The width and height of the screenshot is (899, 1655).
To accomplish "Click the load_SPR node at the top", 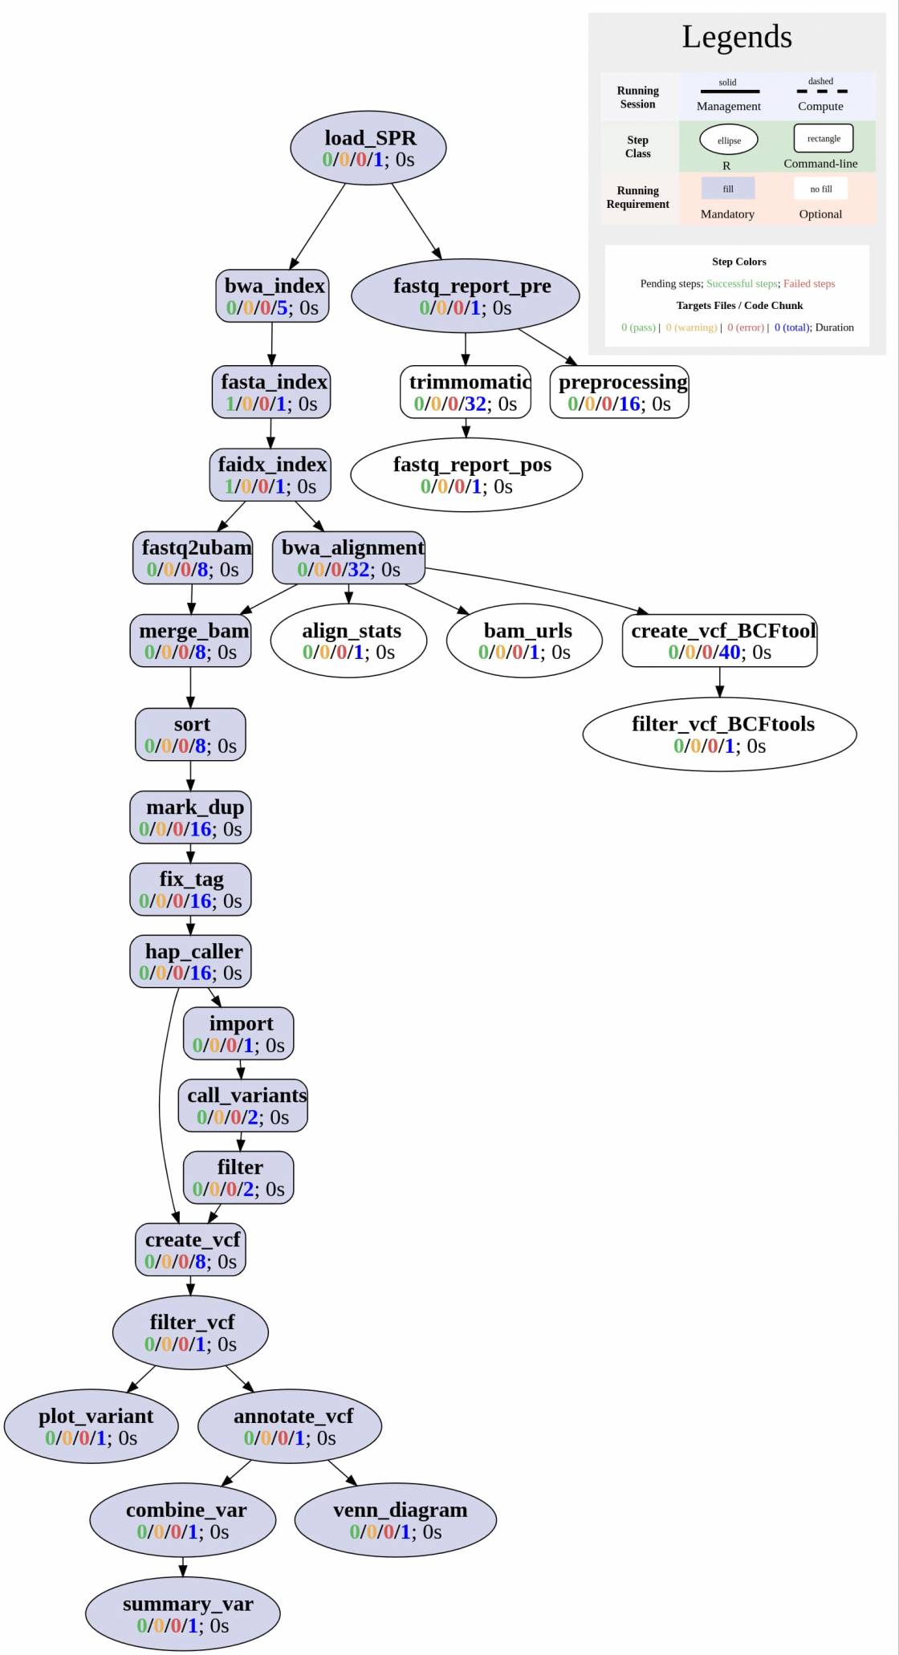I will (x=368, y=148).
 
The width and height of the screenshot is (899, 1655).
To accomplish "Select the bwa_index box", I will (x=272, y=296).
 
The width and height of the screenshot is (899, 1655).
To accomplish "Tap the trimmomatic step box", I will (x=466, y=392).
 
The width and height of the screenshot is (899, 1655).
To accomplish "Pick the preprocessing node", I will (x=619, y=392).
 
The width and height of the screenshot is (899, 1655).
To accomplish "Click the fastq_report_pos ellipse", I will (x=466, y=475).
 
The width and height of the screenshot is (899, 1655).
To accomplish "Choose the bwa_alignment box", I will (x=348, y=558).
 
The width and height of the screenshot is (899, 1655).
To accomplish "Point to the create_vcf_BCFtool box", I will (x=719, y=641).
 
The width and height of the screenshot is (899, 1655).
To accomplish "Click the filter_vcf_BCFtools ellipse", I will (x=719, y=734).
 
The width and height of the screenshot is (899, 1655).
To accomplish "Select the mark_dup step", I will (x=190, y=818).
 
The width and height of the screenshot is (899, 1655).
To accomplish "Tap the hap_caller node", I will (x=190, y=962).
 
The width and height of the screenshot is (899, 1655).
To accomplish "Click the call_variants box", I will (x=242, y=1106).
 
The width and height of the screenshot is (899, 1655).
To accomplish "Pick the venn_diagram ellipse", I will (x=396, y=1520).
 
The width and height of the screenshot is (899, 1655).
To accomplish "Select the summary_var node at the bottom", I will (x=183, y=1614).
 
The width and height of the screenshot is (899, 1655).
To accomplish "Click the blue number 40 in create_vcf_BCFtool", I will (x=729, y=653).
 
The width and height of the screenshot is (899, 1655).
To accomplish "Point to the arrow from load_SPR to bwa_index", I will (x=318, y=225).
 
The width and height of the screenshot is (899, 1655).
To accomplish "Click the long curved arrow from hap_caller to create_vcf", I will (x=161, y=1108).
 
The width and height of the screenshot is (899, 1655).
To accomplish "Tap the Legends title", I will (x=737, y=37).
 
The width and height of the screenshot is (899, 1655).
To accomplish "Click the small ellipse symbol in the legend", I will (x=728, y=140).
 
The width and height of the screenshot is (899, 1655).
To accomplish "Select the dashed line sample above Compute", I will (x=821, y=91).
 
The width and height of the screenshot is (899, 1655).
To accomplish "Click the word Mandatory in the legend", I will (x=727, y=214).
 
